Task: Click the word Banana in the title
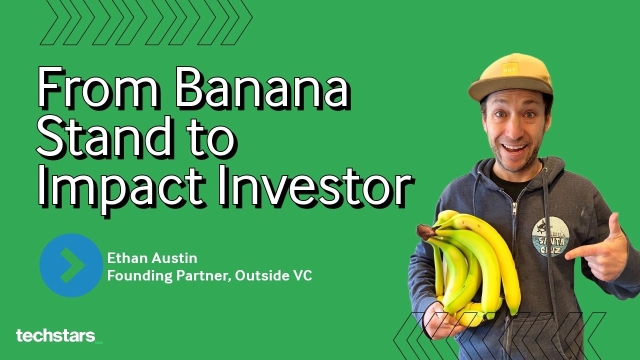point(262,89)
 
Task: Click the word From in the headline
point(98,89)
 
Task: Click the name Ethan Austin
point(152,258)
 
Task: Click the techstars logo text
point(55,336)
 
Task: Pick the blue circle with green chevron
point(71,265)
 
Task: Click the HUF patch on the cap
point(509,68)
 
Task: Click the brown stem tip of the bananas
point(424,231)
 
